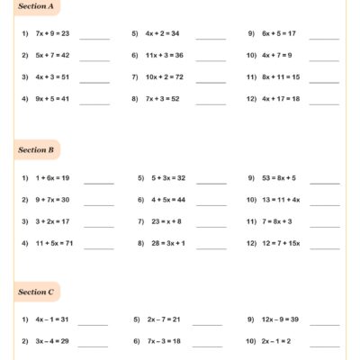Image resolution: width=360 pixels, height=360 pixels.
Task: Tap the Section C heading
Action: click(x=39, y=292)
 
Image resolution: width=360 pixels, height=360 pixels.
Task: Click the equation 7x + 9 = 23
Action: click(x=57, y=35)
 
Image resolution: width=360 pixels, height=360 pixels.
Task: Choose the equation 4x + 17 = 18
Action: click(x=283, y=98)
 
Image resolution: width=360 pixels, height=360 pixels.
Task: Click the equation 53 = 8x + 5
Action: click(x=283, y=178)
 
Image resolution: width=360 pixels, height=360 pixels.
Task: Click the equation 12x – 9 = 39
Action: click(x=284, y=319)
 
